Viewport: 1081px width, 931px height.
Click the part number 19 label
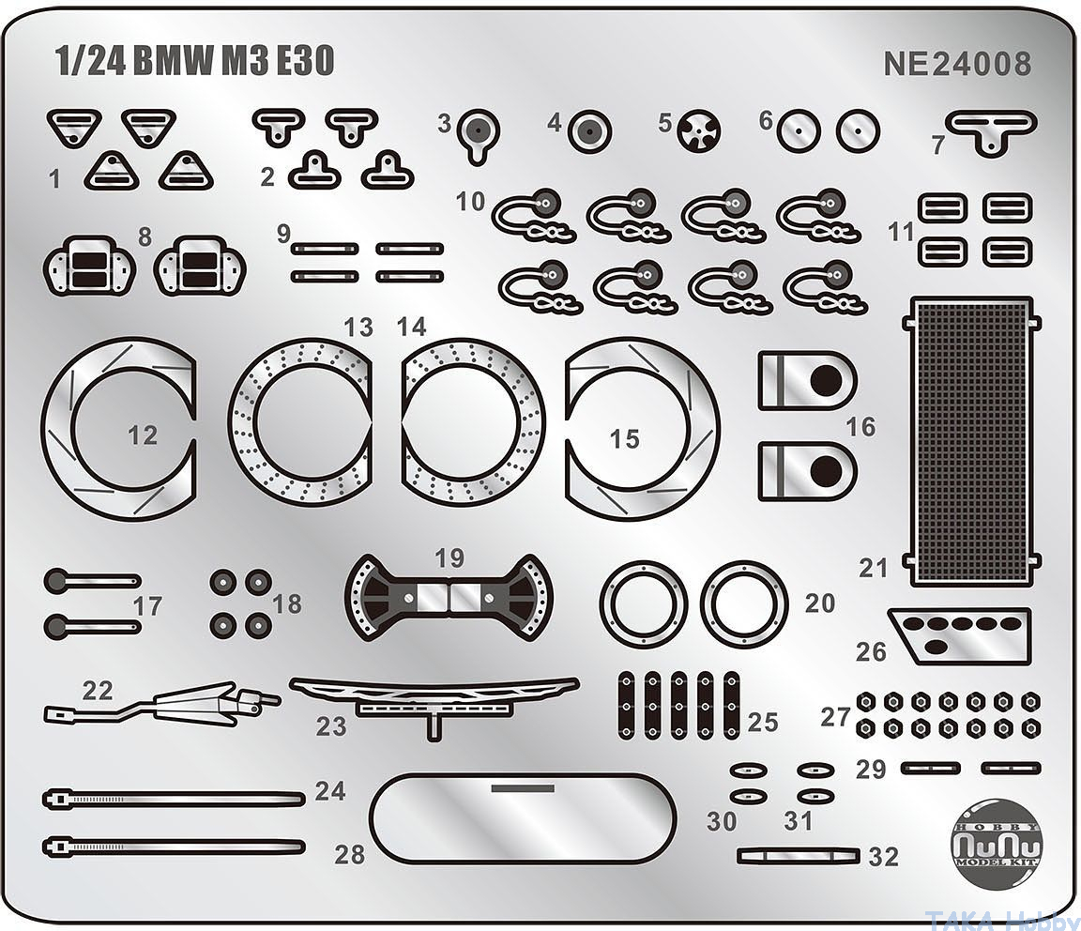click(449, 557)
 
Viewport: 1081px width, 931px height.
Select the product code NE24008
click(956, 64)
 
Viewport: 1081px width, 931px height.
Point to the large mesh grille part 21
click(971, 441)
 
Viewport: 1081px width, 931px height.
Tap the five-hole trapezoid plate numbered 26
click(960, 634)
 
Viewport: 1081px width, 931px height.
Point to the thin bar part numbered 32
click(799, 855)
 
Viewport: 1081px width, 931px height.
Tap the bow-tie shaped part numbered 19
click(449, 596)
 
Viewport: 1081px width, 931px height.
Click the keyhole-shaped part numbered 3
click(480, 131)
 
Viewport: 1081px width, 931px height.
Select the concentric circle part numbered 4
click(589, 132)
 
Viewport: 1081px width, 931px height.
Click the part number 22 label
click(97, 691)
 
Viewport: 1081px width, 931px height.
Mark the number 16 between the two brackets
click(860, 428)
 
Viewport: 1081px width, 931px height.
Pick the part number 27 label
click(834, 716)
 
